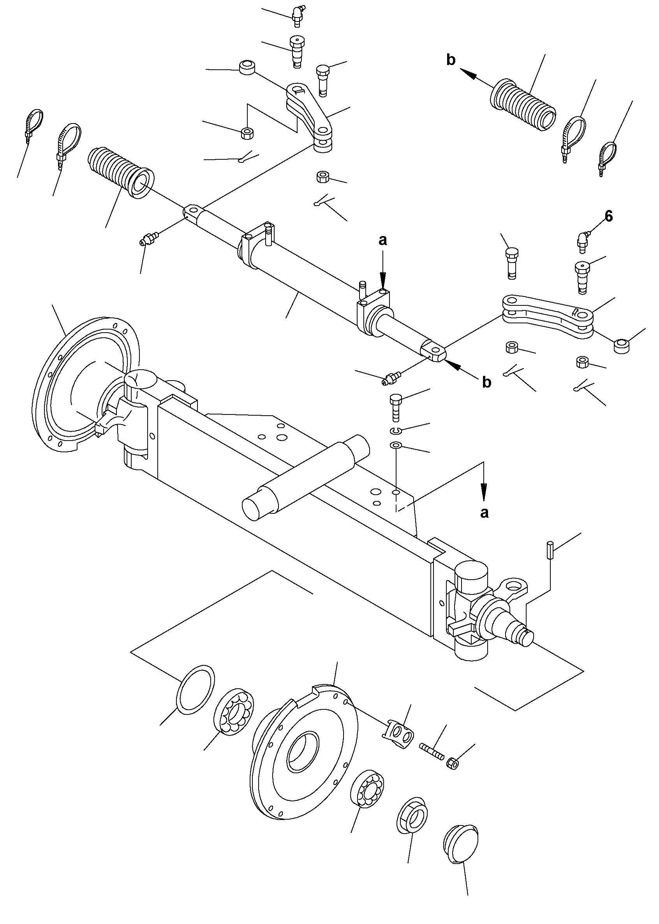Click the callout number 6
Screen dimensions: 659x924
click(x=608, y=217)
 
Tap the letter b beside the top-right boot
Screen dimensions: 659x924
click(x=451, y=60)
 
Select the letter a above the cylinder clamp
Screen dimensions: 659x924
click(x=382, y=241)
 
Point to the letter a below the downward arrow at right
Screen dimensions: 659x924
click(x=484, y=513)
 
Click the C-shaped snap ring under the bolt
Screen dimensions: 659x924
click(x=396, y=430)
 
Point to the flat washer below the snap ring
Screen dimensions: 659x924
click(x=396, y=446)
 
